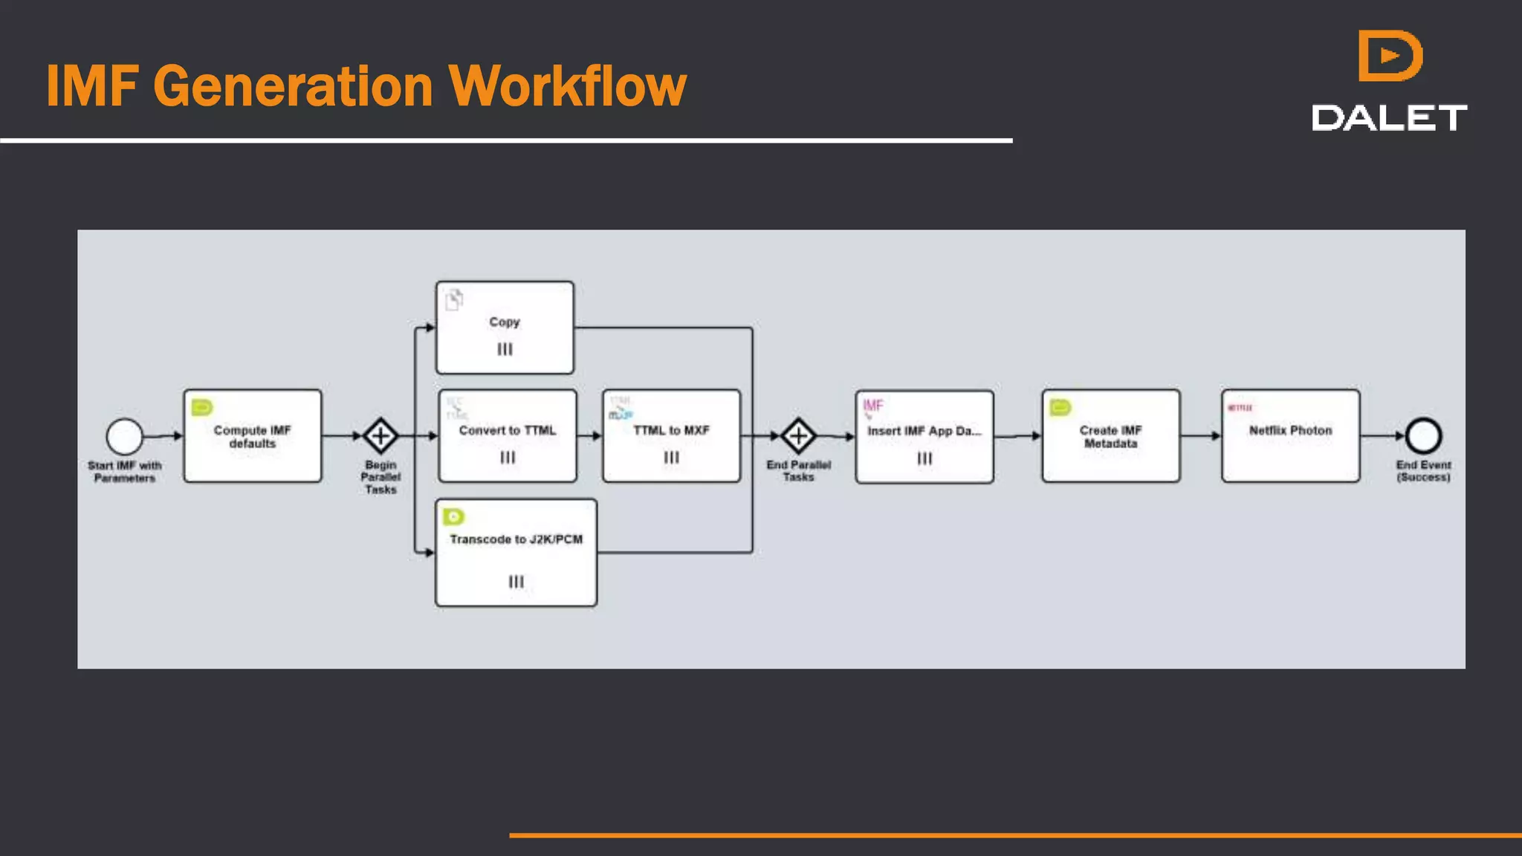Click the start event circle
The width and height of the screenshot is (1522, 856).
124,436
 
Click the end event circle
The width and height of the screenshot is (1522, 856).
1423,436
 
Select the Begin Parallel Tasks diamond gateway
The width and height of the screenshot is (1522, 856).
380,436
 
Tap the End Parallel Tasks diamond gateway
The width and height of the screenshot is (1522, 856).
798,436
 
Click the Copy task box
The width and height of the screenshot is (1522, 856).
505,327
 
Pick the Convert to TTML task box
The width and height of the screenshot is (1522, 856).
508,436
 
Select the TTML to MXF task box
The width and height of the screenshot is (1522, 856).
671,436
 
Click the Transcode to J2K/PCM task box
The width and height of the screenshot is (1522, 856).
516,552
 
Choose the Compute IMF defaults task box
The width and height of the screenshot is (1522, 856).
253,436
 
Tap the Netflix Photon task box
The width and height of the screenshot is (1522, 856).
1290,436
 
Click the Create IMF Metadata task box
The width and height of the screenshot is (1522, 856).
1110,436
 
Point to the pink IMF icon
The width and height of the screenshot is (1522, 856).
872,406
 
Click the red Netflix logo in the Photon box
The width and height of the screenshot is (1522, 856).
1240,407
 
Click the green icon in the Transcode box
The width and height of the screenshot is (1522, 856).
453,516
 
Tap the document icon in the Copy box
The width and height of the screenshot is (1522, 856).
454,299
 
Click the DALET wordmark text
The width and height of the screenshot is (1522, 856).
1389,118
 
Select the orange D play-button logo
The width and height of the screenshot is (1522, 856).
1389,56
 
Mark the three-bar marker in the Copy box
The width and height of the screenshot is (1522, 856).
505,349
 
